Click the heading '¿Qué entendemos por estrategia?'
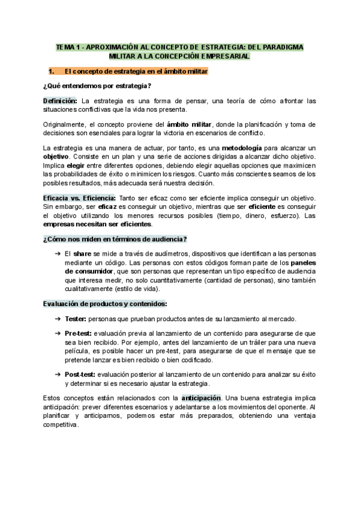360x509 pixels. coord(97,85)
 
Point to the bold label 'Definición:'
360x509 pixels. coord(60,100)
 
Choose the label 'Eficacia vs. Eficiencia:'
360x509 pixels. coord(80,197)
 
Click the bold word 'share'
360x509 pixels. coord(82,254)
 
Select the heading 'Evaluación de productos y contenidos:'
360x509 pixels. coord(105,304)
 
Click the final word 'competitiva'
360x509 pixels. coord(61,424)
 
